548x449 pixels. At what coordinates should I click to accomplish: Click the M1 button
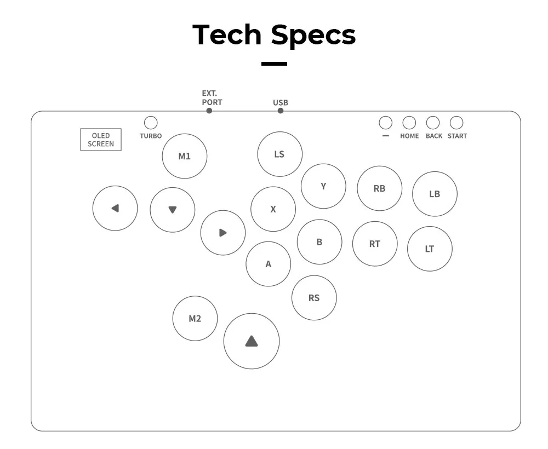pyautogui.click(x=185, y=156)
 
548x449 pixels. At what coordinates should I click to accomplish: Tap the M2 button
pyautogui.click(x=195, y=318)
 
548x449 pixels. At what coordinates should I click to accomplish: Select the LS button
pyautogui.click(x=279, y=154)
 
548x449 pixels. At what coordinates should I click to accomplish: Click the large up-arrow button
pyautogui.click(x=252, y=341)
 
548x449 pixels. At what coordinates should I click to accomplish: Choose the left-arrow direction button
pyautogui.click(x=115, y=208)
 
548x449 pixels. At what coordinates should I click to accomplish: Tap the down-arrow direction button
pyautogui.click(x=173, y=209)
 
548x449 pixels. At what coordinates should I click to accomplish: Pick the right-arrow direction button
pyautogui.click(x=222, y=233)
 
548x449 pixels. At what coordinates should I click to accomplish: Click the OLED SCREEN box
pyautogui.click(x=101, y=140)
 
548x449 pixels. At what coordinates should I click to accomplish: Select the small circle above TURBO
pyautogui.click(x=150, y=123)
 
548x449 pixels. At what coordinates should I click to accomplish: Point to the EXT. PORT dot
pyautogui.click(x=209, y=111)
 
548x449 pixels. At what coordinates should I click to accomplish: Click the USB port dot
pyautogui.click(x=281, y=111)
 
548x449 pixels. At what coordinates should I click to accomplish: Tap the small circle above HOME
pyautogui.click(x=409, y=123)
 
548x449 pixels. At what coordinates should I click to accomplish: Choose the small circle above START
pyautogui.click(x=456, y=123)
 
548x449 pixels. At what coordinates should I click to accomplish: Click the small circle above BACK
pyautogui.click(x=433, y=123)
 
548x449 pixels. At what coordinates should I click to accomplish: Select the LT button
pyautogui.click(x=430, y=249)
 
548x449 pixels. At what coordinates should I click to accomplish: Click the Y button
pyautogui.click(x=323, y=186)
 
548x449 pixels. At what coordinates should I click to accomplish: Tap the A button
pyautogui.click(x=269, y=264)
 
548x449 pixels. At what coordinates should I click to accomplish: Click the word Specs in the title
pyautogui.click(x=313, y=34)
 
